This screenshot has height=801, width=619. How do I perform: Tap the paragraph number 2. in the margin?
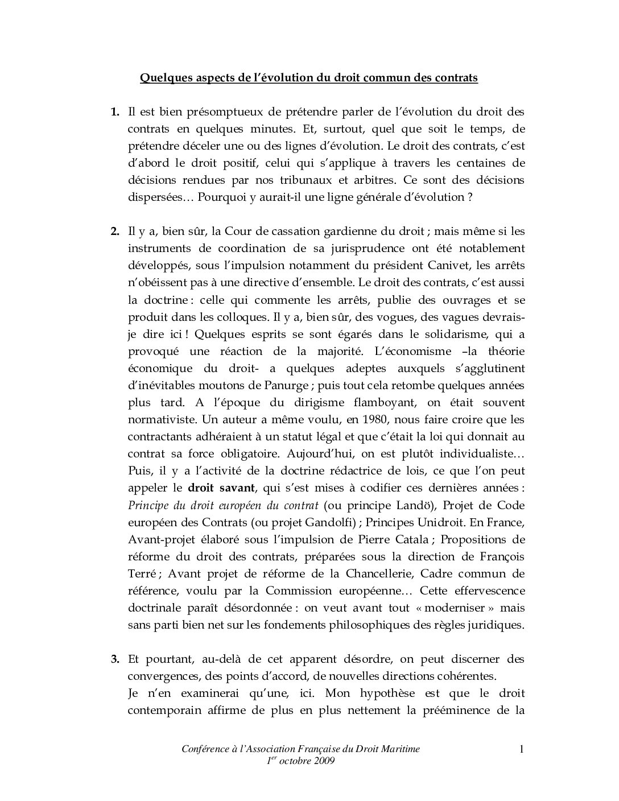[x=115, y=231]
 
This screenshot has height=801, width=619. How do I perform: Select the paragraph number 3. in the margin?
[x=115, y=659]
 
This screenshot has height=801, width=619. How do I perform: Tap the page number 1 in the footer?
[x=521, y=749]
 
